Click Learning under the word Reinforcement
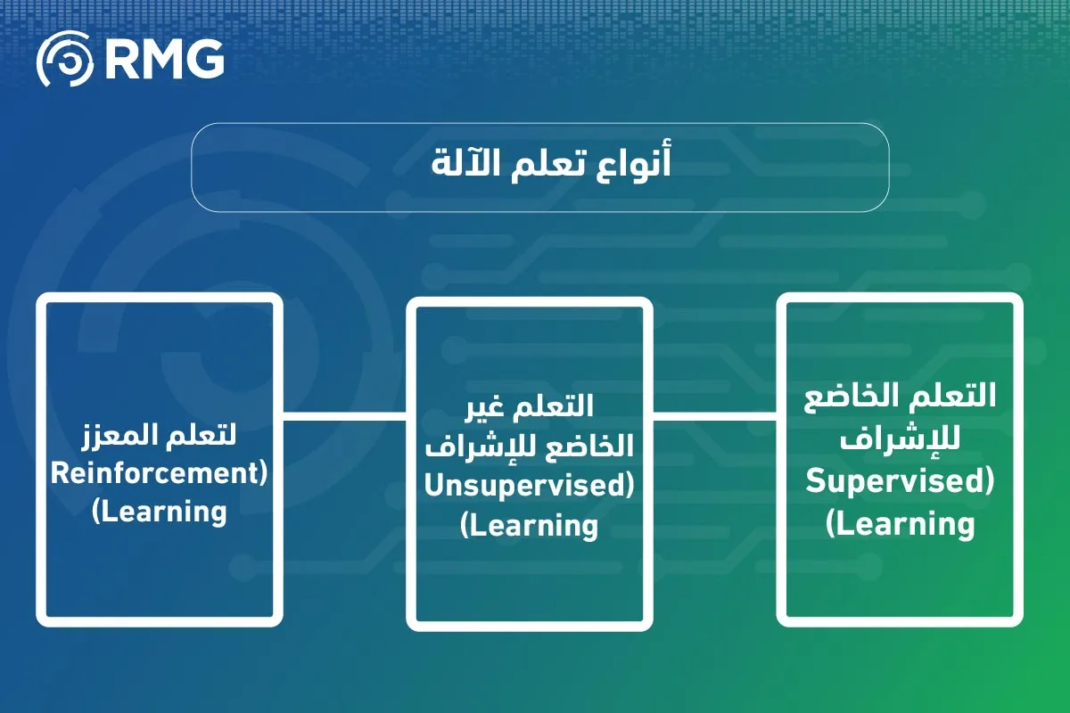point(160,512)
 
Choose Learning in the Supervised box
point(901,523)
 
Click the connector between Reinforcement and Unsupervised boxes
point(344,415)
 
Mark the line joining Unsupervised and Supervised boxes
point(714,415)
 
